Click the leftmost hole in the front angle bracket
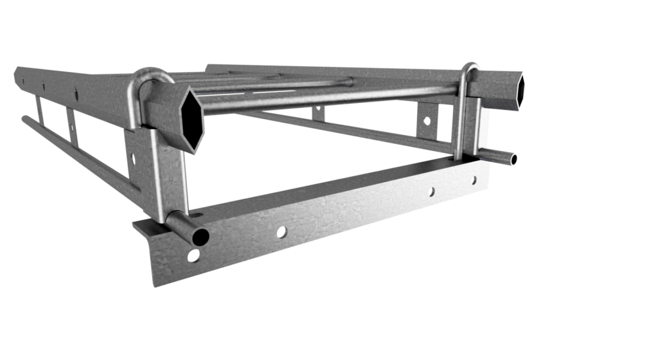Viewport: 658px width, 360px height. pyautogui.click(x=193, y=256)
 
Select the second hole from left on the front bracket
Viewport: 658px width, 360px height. pyautogui.click(x=281, y=232)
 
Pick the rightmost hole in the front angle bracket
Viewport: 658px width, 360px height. pyautogui.click(x=474, y=181)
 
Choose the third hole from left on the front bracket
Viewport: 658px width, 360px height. pyautogui.click(x=431, y=191)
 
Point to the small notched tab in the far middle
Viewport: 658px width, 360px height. pyautogui.click(x=317, y=113)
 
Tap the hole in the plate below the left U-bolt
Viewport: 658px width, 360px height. pyautogui.click(x=134, y=156)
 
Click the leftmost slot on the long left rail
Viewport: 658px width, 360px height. pyautogui.click(x=24, y=80)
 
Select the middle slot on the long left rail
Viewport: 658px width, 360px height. pyautogui.click(x=44, y=85)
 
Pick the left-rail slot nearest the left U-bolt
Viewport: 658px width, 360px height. pyautogui.click(x=76, y=94)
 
